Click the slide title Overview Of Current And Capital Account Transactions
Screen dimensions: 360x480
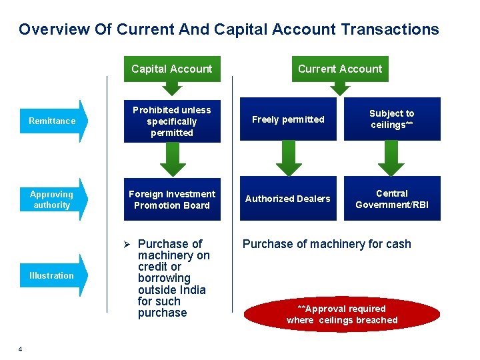(229, 29)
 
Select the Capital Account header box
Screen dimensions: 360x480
(171, 69)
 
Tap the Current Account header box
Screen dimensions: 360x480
(340, 69)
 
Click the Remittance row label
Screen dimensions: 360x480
(52, 121)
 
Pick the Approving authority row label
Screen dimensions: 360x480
(52, 199)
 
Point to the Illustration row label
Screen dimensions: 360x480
(52, 275)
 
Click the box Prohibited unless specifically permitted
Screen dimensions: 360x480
(171, 121)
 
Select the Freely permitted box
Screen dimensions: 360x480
(288, 120)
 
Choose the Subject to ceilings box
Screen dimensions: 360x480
(392, 119)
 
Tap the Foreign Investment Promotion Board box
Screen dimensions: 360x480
(171, 199)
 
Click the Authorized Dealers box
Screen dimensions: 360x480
(288, 199)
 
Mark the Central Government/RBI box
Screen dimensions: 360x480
(392, 199)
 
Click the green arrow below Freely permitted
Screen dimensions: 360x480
(288, 159)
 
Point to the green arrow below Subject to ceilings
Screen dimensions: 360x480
(392, 159)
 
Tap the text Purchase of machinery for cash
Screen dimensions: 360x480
(327, 244)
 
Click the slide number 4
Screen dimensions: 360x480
(21, 349)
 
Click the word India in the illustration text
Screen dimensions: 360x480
(191, 290)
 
